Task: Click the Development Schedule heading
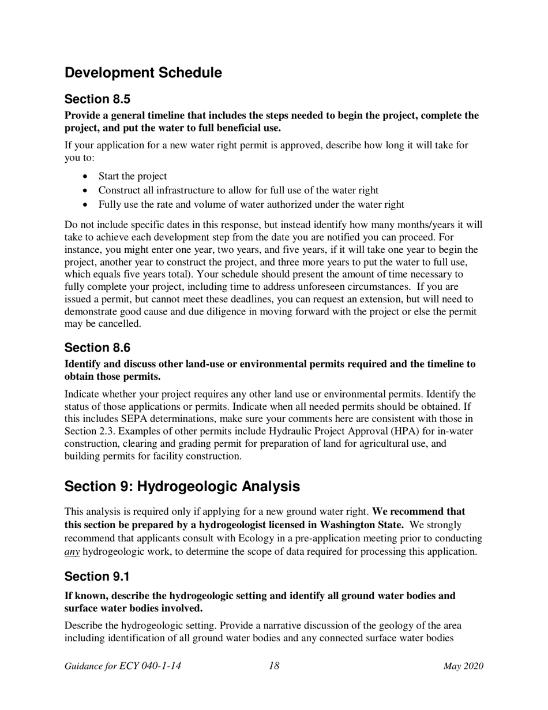click(x=143, y=73)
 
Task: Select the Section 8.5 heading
click(x=97, y=99)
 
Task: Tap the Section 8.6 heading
click(x=97, y=347)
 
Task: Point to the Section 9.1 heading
click(x=97, y=577)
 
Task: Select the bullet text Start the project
click(x=133, y=176)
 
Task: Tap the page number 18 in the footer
click(x=274, y=666)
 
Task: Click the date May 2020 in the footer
click(x=463, y=666)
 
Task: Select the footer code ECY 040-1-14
click(x=150, y=666)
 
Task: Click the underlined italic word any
click(x=72, y=551)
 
